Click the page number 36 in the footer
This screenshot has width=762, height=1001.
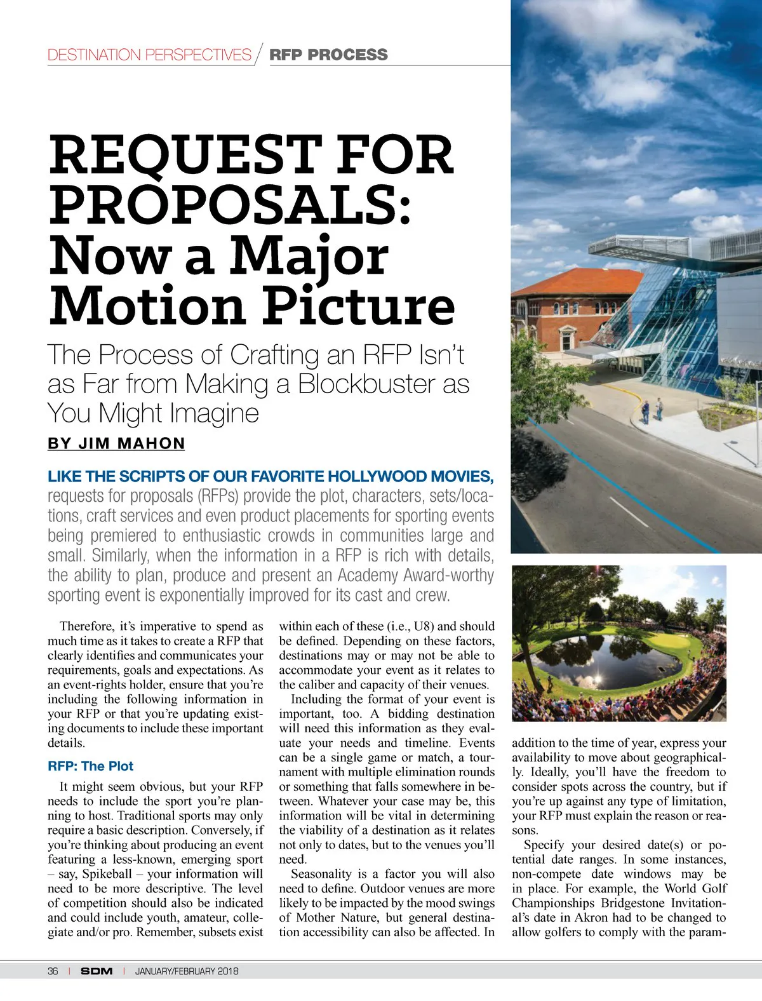pos(53,971)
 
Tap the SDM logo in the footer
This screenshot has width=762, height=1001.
pos(97,971)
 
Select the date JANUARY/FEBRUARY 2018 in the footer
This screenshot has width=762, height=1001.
pos(187,971)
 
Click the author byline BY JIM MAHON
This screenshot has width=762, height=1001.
pos(116,443)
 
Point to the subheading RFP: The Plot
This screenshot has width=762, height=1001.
pos(91,766)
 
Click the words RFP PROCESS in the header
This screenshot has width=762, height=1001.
pos(328,55)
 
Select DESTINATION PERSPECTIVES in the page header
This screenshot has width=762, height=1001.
pos(149,55)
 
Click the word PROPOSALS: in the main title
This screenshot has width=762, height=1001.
pos(230,205)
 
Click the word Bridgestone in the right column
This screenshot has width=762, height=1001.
pos(631,903)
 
